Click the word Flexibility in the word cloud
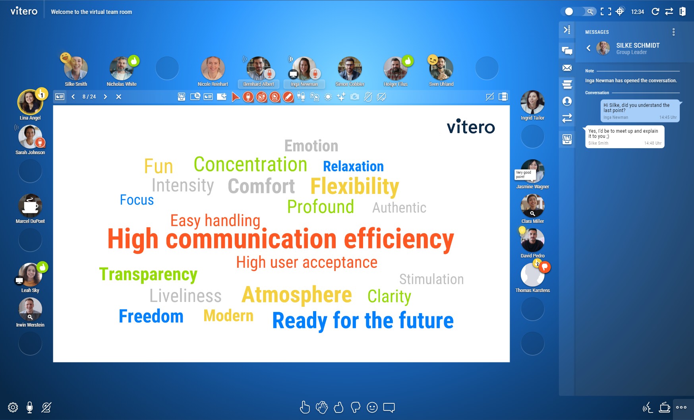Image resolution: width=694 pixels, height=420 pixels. coord(355,187)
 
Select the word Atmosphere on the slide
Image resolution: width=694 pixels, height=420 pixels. coord(297,295)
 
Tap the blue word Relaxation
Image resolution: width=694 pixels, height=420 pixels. coord(353,166)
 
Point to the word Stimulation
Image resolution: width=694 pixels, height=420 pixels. coord(431,279)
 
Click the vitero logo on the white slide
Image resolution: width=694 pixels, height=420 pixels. coord(471,127)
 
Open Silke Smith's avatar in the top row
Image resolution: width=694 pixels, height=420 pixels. coord(76,68)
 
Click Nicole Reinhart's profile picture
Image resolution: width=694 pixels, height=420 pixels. coord(213,68)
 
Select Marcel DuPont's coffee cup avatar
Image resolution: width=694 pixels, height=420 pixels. coord(30,206)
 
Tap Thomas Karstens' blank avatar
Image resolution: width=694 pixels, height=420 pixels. coord(532,275)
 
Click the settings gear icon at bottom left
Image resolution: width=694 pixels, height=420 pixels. coord(13,407)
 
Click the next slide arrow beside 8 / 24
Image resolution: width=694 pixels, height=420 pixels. coord(105,97)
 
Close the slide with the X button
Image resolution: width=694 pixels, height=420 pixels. coord(118,97)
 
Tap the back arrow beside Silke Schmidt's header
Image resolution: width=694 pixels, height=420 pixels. coord(588,48)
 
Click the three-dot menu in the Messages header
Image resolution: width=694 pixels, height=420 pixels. coord(673,32)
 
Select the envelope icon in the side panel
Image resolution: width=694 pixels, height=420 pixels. coord(567,68)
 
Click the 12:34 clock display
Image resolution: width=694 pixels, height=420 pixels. coord(638,12)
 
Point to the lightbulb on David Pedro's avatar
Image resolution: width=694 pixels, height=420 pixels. coord(522,231)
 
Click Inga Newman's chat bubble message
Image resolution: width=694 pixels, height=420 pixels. coord(640,111)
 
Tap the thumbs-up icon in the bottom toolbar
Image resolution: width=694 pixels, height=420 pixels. coord(338,407)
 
